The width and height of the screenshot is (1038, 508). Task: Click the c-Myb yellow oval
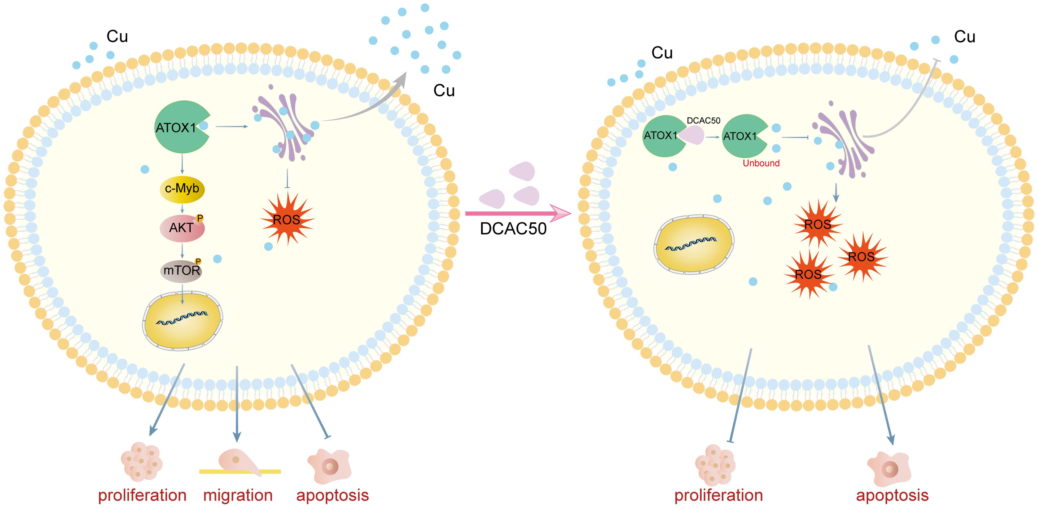[x=182, y=189]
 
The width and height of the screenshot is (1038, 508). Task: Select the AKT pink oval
[x=182, y=228]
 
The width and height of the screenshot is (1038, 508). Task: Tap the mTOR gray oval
[x=182, y=270]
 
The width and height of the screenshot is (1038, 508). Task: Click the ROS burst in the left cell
[x=287, y=219]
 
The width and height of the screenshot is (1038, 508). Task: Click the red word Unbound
[x=761, y=163]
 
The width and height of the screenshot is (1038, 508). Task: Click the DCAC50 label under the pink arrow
[x=513, y=229]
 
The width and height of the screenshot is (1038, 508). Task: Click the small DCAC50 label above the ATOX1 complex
[x=703, y=120]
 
